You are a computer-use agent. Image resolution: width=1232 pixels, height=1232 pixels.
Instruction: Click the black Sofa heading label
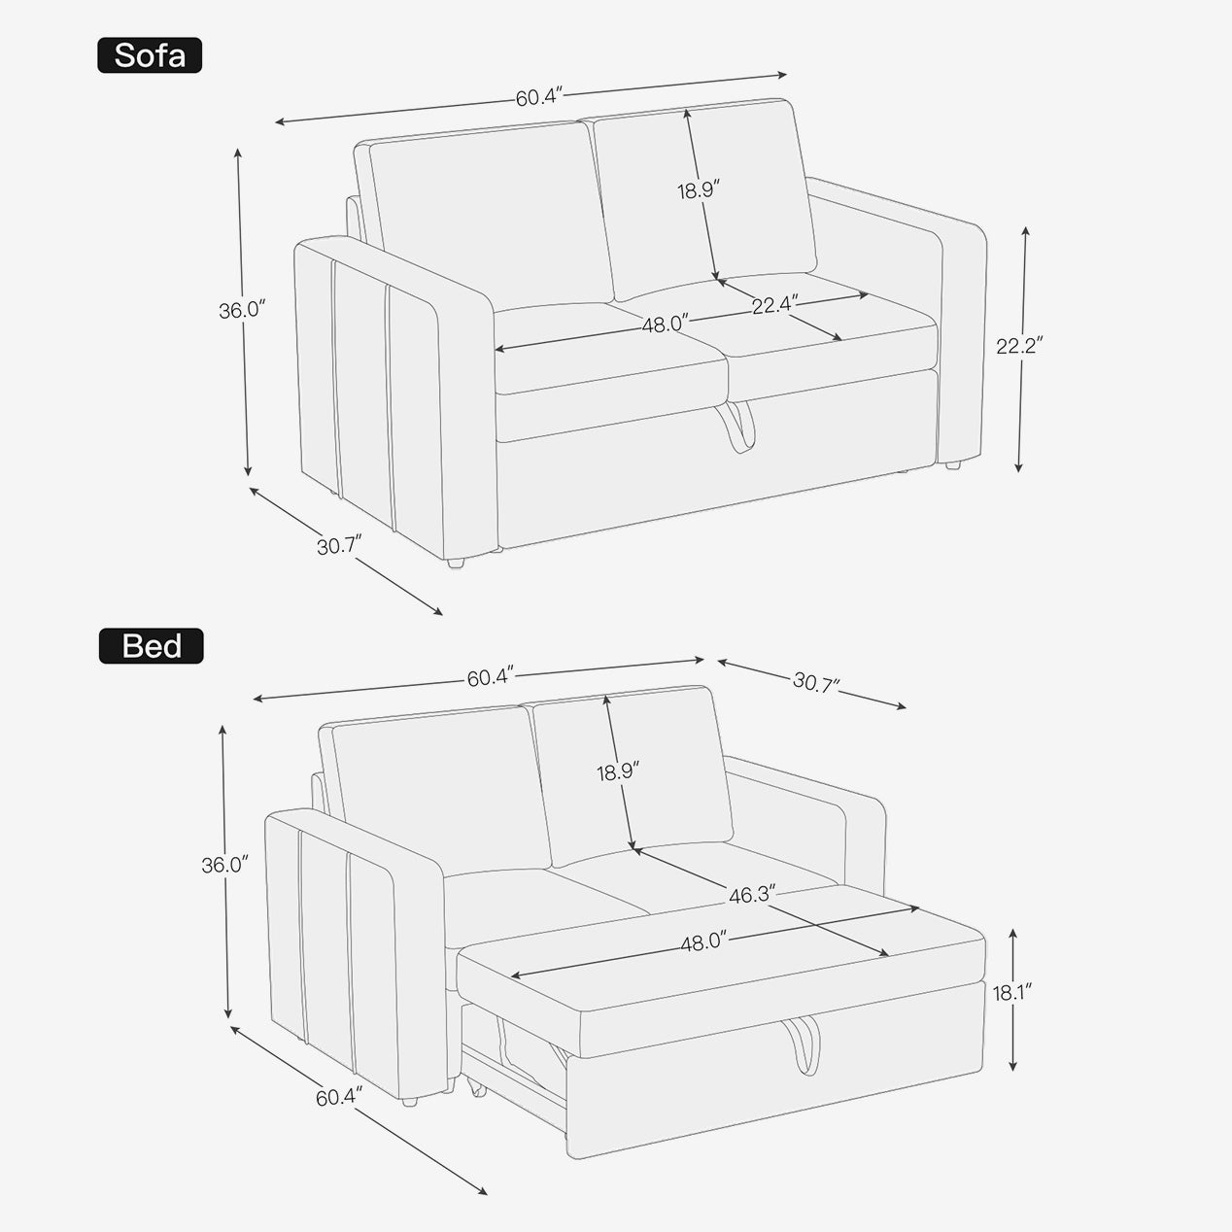tap(150, 55)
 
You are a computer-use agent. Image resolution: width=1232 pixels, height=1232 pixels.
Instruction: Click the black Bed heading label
tap(151, 646)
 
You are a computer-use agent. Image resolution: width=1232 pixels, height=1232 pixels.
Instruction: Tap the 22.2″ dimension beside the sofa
tap(1019, 346)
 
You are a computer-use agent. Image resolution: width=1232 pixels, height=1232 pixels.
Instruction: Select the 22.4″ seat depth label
tap(775, 305)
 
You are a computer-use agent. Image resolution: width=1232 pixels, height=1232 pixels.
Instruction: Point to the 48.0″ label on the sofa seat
tap(665, 325)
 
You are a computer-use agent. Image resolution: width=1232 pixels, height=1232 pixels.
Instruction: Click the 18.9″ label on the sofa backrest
tap(699, 189)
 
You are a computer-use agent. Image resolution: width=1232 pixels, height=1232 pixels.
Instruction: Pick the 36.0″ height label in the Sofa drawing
tap(242, 311)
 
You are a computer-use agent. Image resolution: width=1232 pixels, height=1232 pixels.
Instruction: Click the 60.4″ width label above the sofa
tap(539, 97)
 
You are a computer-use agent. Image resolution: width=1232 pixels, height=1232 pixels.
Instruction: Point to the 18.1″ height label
tap(1012, 992)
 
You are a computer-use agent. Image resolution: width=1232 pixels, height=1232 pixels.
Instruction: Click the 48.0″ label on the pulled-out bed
tap(703, 941)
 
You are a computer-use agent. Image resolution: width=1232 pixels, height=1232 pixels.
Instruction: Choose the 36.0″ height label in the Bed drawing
tap(224, 865)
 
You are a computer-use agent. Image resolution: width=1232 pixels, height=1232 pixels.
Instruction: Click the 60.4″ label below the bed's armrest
tap(339, 1098)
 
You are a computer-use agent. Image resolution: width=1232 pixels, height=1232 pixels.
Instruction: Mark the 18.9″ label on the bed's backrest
tap(618, 771)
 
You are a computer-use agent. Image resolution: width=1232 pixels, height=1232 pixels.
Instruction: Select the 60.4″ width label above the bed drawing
tap(491, 677)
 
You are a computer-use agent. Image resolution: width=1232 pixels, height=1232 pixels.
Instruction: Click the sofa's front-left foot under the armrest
tap(455, 564)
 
